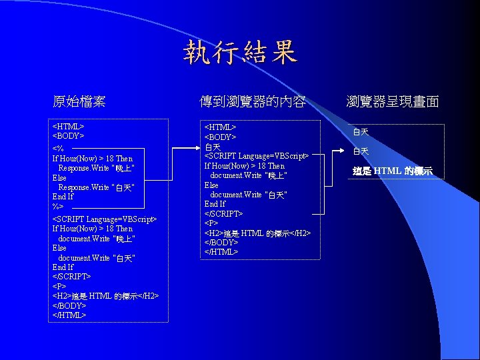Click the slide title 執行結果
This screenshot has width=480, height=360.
[x=240, y=53]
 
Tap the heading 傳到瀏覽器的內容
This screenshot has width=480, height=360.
[x=253, y=102]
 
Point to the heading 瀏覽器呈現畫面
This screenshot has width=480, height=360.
[x=392, y=102]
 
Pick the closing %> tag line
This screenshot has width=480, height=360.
[x=58, y=207]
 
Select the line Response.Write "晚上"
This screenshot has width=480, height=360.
[x=96, y=169]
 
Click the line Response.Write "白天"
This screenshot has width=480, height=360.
[x=96, y=188]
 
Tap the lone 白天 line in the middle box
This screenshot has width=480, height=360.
[x=212, y=147]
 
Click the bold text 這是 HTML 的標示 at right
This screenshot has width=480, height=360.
[x=393, y=171]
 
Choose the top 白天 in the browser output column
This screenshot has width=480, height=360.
[x=361, y=133]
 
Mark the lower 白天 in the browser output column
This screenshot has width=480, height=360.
[x=361, y=152]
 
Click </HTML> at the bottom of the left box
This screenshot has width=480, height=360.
[x=69, y=315]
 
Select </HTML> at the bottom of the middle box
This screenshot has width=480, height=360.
[x=221, y=252]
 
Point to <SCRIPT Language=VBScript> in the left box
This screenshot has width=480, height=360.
[x=104, y=219]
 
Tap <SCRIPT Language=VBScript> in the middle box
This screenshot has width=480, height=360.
[x=256, y=156]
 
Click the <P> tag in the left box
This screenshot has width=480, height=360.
[x=59, y=286]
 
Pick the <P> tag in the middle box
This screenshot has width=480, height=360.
[x=211, y=223]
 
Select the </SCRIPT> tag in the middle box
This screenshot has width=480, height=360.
[x=223, y=213]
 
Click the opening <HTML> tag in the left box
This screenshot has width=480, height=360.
[x=67, y=126]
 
